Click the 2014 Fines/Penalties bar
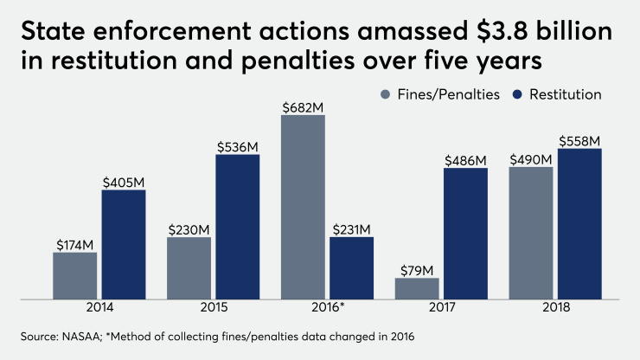pos(74,275)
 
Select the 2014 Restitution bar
pos(124,244)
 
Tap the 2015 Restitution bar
pos(238,227)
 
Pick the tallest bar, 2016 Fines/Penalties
pos(303,208)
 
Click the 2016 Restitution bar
pos(351,267)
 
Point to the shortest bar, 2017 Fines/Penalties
pos(417,288)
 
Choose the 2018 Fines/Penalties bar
pos(531,233)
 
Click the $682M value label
pos(303,106)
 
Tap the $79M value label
pos(417,269)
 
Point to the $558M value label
pos(579,140)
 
